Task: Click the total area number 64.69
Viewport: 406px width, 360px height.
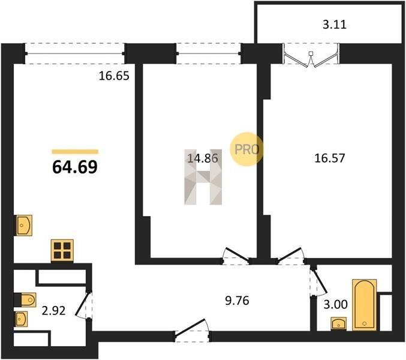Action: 75,167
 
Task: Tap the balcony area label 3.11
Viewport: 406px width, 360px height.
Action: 335,25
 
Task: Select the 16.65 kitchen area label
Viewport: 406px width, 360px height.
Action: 114,76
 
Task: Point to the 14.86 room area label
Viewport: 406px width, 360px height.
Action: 203,158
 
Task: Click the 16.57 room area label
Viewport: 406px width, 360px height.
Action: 330,158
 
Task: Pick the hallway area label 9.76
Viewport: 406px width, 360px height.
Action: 237,301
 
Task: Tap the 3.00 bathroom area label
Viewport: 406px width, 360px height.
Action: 336,305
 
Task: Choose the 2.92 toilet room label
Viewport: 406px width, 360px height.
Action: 53,311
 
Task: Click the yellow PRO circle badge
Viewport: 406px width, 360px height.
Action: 246,149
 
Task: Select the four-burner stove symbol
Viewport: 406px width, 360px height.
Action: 62,251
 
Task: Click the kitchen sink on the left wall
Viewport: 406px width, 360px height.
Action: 24,226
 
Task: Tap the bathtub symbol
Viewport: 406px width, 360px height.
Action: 364,305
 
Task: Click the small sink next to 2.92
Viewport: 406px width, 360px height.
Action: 22,319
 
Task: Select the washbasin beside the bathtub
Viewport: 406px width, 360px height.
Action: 339,324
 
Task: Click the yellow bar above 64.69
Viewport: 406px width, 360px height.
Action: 75,152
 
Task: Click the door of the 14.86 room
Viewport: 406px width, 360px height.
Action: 236,256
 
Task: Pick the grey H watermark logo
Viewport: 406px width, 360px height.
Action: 203,177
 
